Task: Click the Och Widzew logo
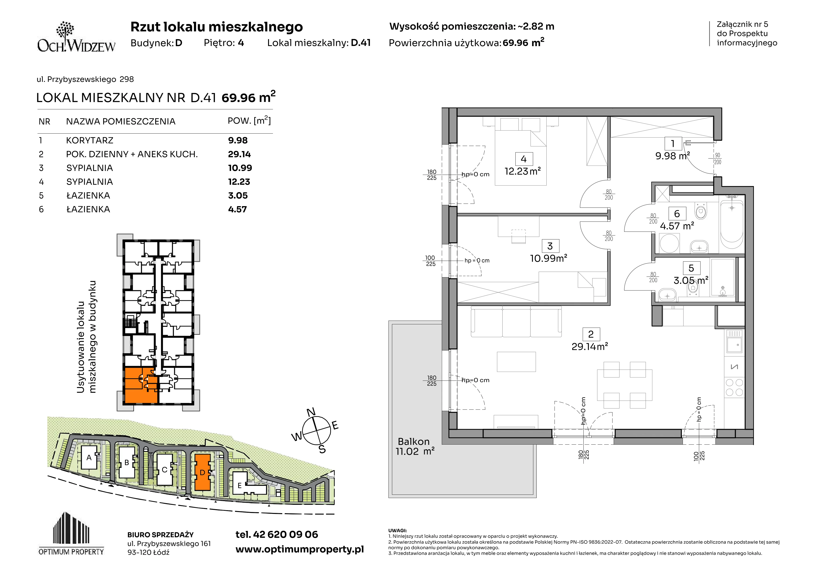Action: click(x=76, y=37)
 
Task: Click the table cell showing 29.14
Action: click(x=239, y=154)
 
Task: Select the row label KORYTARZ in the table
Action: click(x=90, y=140)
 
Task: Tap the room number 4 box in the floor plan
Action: click(x=524, y=159)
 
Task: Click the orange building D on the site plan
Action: click(x=202, y=472)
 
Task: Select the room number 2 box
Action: click(x=591, y=334)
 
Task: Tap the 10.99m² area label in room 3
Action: click(x=548, y=258)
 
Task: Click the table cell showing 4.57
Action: click(x=237, y=209)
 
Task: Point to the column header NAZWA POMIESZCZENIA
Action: click(x=121, y=121)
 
